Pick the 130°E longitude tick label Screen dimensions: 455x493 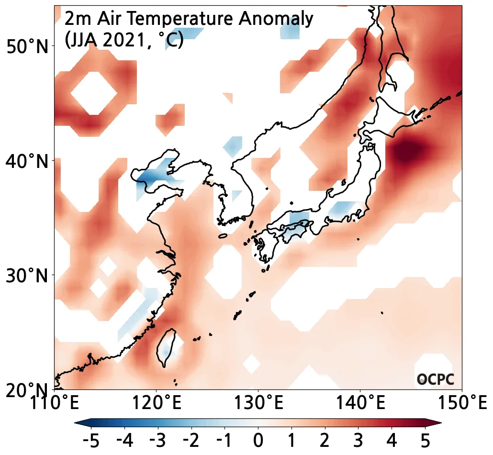(258, 403)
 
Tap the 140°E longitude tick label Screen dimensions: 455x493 (359, 403)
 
